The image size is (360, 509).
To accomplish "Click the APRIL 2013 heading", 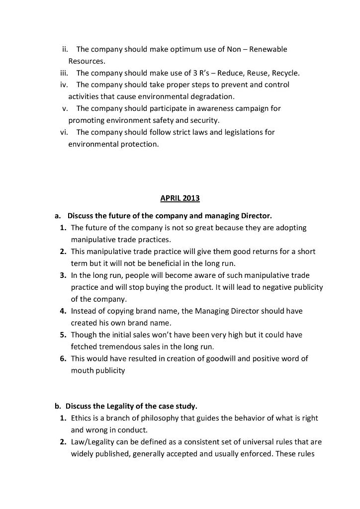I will (x=180, y=198).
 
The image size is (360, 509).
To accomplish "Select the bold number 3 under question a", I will (x=63, y=275).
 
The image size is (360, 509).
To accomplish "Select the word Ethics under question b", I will (x=81, y=418).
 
